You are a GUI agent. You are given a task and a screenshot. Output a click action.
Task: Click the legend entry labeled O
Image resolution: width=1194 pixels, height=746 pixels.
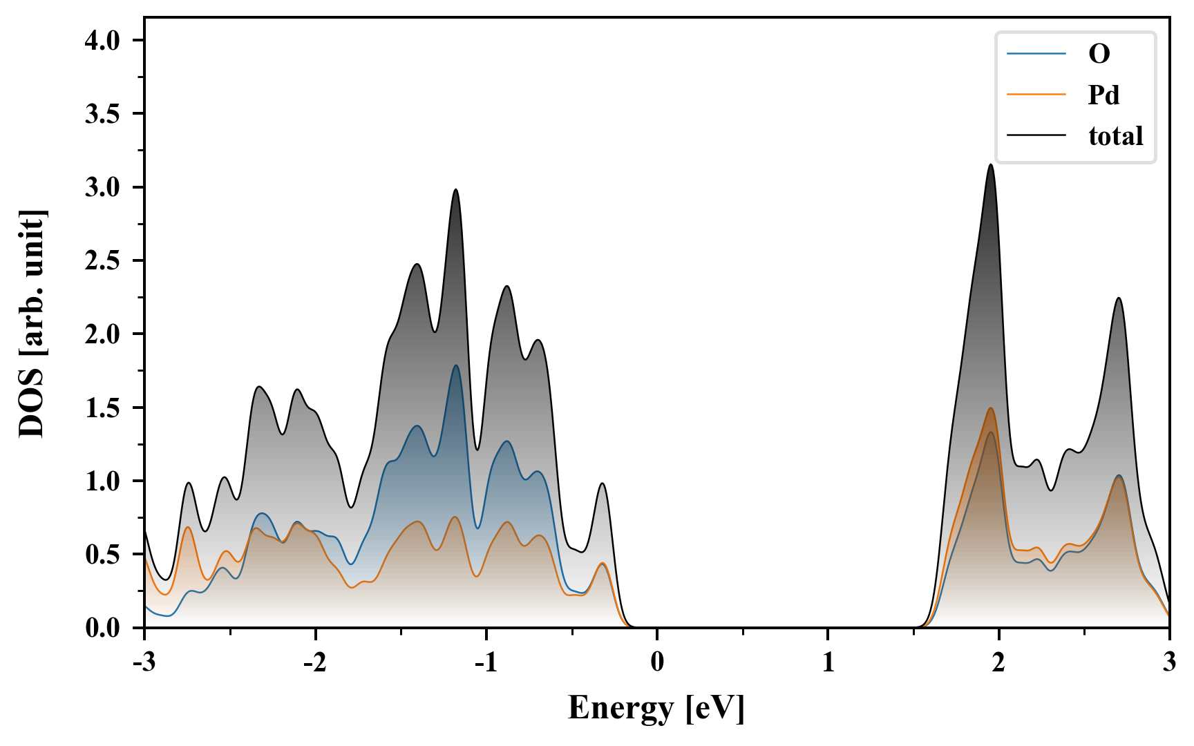click(1099, 54)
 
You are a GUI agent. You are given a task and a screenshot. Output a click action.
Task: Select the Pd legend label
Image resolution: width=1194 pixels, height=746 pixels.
click(1103, 95)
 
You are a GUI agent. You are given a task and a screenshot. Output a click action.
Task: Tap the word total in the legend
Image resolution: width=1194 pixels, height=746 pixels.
click(1115, 136)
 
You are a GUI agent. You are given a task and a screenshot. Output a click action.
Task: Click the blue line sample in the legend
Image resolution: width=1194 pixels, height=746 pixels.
click(1036, 54)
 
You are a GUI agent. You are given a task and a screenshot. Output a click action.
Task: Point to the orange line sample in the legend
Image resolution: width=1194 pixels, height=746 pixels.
click(1036, 95)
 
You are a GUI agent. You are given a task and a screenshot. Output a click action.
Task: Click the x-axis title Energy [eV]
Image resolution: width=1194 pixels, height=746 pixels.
click(656, 708)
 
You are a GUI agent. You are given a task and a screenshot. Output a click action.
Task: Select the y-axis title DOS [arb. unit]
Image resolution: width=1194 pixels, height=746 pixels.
click(32, 323)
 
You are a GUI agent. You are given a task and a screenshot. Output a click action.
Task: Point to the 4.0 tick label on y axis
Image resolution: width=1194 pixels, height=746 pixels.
click(102, 41)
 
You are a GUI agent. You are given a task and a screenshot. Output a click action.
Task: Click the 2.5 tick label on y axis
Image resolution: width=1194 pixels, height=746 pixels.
click(102, 261)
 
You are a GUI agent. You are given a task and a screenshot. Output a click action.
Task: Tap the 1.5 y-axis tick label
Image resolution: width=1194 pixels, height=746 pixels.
click(102, 408)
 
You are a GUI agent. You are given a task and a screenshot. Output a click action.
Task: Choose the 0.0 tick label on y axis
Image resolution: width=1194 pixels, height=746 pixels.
click(102, 628)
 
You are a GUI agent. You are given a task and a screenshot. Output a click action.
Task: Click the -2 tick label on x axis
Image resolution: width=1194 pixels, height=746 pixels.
click(314, 662)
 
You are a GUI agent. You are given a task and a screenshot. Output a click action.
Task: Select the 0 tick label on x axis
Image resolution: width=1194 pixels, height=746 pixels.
click(657, 662)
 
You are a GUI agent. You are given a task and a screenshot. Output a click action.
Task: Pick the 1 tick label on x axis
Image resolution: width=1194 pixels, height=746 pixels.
click(828, 662)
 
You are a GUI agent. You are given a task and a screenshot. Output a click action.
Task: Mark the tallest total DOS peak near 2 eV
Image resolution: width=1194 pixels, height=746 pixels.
click(992, 164)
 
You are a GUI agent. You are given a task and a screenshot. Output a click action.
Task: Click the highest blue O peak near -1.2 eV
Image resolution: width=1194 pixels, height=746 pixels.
click(456, 365)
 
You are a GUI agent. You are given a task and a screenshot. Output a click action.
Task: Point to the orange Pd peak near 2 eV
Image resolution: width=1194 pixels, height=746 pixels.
click(992, 408)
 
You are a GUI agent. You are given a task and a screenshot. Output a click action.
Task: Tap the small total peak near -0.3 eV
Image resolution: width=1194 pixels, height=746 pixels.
click(603, 484)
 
